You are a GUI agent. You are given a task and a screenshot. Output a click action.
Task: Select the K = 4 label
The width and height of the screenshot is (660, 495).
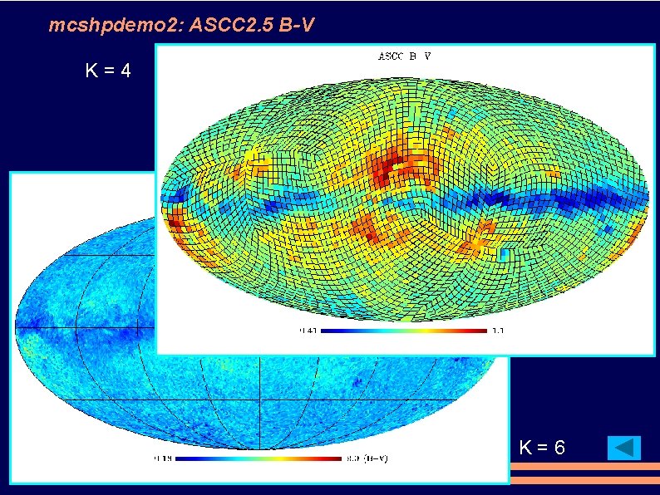pos(108,71)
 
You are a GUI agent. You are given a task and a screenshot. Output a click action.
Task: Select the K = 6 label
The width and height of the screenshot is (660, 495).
pos(542,448)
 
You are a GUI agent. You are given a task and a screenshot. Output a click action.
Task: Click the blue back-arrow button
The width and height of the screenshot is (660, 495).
pos(624,448)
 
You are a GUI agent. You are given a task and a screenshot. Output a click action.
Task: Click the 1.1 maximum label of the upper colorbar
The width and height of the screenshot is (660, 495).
pos(498,331)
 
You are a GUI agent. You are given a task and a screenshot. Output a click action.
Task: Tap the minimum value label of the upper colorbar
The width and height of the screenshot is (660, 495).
pos(308,331)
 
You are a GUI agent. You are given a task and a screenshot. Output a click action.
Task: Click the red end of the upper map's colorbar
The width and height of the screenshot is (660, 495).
pos(478,331)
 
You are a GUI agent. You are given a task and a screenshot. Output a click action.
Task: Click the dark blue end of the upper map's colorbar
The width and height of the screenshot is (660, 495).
pos(328,331)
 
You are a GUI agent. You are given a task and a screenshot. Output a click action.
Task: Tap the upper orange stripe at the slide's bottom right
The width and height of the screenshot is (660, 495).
pos(584,468)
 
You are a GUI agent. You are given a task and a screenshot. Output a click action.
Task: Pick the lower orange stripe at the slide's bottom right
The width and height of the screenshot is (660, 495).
pos(584,479)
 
